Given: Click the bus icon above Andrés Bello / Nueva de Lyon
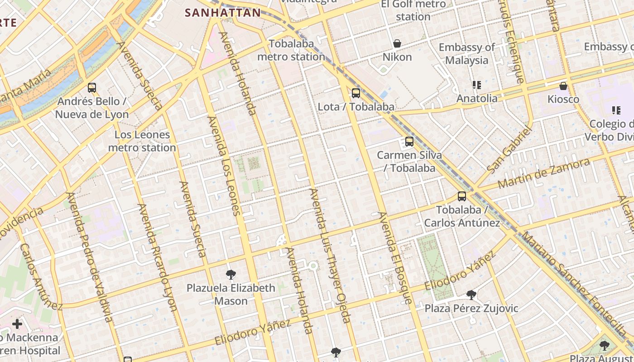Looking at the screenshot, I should [92, 88].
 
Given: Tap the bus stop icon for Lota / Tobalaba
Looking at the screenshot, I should [356, 93].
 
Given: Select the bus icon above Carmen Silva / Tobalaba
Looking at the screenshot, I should [409, 142].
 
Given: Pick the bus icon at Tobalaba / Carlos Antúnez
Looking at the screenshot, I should [462, 196].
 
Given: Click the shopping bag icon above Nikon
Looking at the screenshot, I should [397, 43].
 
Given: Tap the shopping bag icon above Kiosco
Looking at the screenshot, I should [563, 86].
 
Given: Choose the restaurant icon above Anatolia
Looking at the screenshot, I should [476, 85].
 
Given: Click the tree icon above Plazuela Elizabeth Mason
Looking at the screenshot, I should [231, 274].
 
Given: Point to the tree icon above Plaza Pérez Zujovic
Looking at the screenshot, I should [471, 295].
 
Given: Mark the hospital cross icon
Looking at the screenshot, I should [17, 324].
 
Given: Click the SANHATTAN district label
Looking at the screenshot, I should [223, 13].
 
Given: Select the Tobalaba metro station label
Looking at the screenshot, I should [291, 50].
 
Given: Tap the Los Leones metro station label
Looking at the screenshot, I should [142, 141].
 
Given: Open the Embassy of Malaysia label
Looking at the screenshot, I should [466, 53].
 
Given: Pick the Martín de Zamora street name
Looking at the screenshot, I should [543, 174].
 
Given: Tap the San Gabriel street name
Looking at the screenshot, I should [509, 150].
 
